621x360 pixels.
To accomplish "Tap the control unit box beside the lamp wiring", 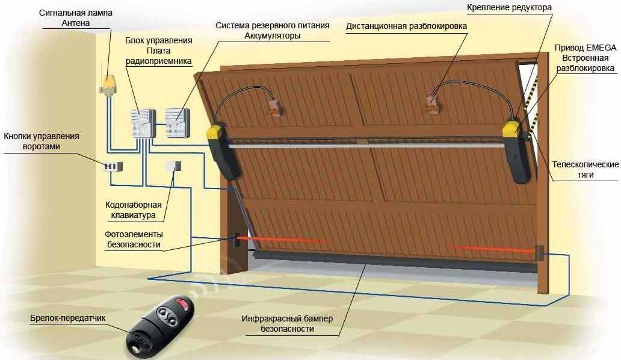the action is (143, 123).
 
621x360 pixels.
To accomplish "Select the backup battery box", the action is (178, 123).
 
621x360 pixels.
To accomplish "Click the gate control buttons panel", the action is (113, 166).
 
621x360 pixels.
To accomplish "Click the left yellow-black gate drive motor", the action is (223, 151).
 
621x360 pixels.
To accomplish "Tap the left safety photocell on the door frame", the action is (237, 240).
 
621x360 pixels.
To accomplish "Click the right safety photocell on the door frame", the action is (539, 253).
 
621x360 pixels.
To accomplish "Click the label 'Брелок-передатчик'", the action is (68, 318).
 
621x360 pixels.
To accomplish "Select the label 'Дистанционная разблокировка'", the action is (406, 26).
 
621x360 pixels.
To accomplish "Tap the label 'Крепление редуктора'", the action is (509, 7).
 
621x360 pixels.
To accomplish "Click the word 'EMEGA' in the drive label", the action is (601, 48).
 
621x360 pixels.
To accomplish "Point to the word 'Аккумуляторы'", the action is (273, 36).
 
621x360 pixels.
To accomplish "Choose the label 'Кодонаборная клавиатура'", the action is (134, 210).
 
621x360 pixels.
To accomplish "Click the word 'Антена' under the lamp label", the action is (76, 23).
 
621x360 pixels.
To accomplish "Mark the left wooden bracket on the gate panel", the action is (276, 107).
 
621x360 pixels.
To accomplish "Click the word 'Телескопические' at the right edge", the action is (585, 164).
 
